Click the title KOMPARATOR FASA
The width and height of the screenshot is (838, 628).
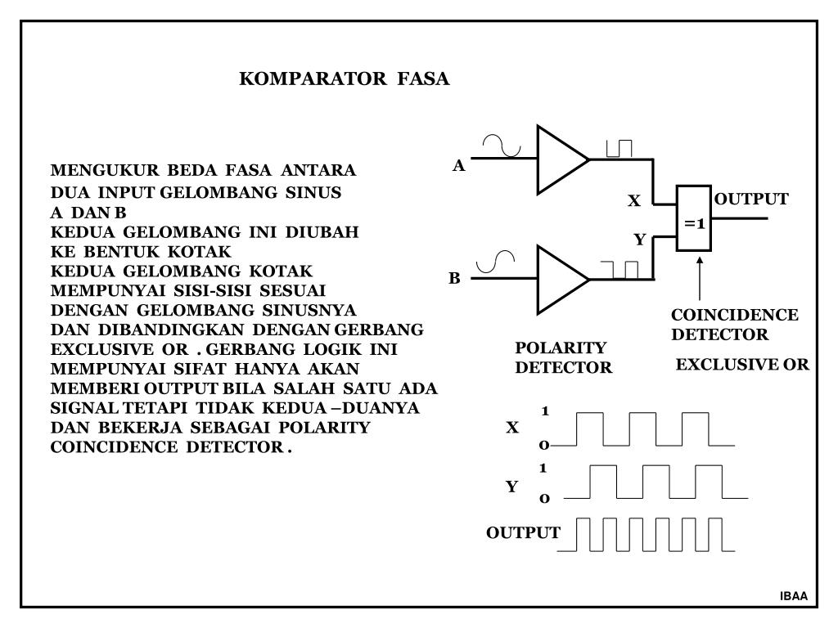344,79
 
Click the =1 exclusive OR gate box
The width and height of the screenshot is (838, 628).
694,218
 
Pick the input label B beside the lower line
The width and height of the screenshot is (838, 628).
455,279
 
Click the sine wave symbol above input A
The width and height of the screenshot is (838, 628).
502,146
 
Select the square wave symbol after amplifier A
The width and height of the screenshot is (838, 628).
619,148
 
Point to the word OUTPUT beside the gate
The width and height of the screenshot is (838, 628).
751,200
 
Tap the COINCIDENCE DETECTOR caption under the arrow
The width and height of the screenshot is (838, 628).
734,325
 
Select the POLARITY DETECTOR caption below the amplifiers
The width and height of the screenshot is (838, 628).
563,358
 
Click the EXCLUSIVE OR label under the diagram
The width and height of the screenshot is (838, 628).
741,365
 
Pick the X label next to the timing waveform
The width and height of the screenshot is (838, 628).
513,427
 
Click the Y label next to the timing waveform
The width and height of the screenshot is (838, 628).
512,487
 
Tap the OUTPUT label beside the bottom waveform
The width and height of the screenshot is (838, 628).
523,533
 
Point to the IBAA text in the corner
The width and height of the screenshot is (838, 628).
793,596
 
